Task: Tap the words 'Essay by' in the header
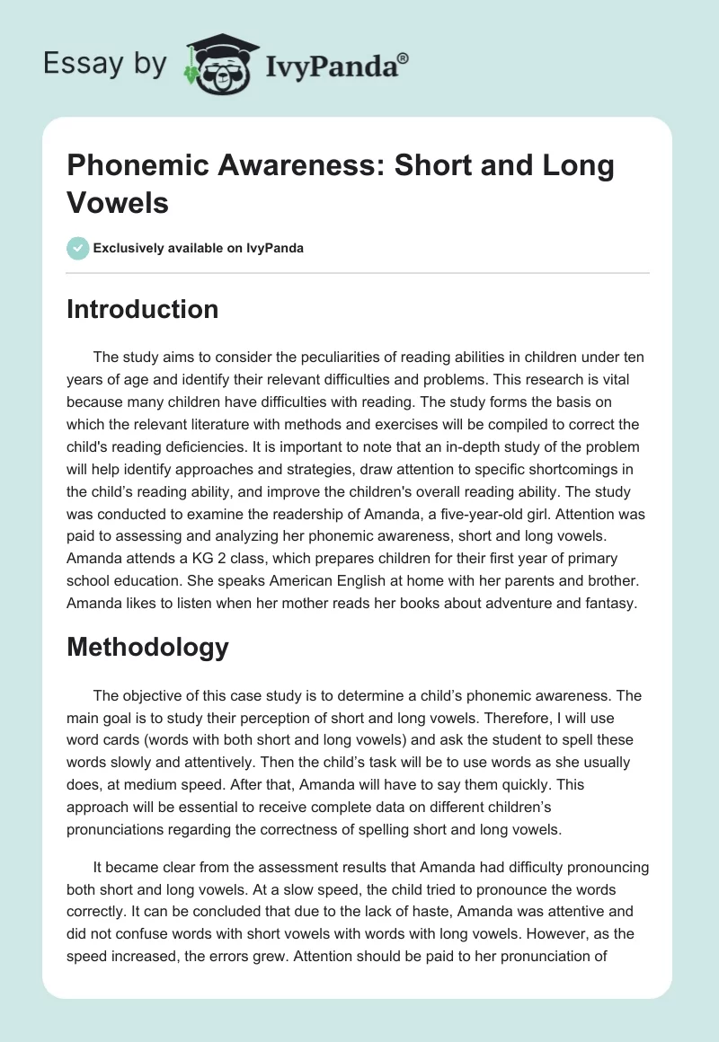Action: [x=105, y=64]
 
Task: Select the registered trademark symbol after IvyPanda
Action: [x=404, y=57]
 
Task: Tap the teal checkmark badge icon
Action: [x=78, y=248]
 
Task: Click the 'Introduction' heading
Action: [x=143, y=309]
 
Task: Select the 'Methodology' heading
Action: [x=147, y=647]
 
